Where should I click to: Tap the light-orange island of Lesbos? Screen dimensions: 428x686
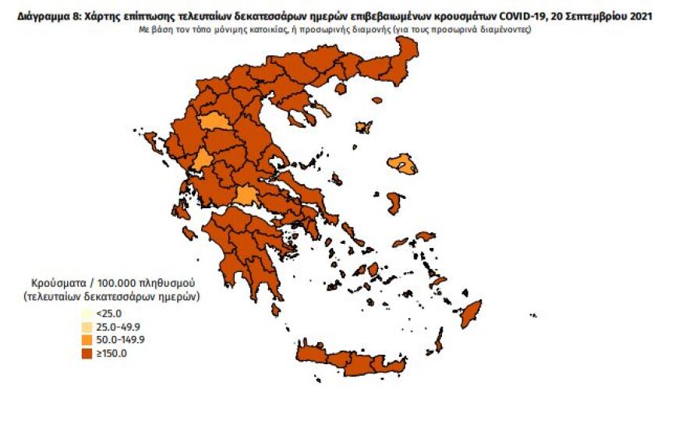(404, 163)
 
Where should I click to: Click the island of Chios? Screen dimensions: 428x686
(396, 203)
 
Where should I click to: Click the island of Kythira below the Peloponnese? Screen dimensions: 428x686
(275, 310)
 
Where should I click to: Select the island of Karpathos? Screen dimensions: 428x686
(439, 341)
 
